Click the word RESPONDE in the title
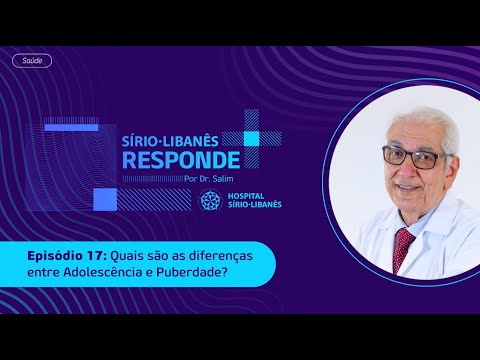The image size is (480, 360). tap(179, 159)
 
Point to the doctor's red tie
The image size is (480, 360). tap(403, 244)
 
